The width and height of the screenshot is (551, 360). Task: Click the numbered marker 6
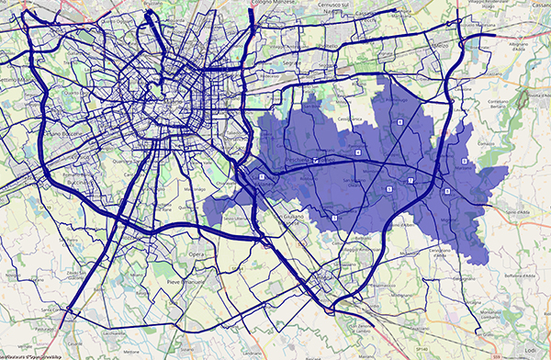click(465, 161)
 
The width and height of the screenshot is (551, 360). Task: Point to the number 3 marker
click(335, 218)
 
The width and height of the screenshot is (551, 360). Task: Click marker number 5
click(389, 187)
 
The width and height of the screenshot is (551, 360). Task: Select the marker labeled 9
click(446, 191)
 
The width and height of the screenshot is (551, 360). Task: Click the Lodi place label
click(531, 351)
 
